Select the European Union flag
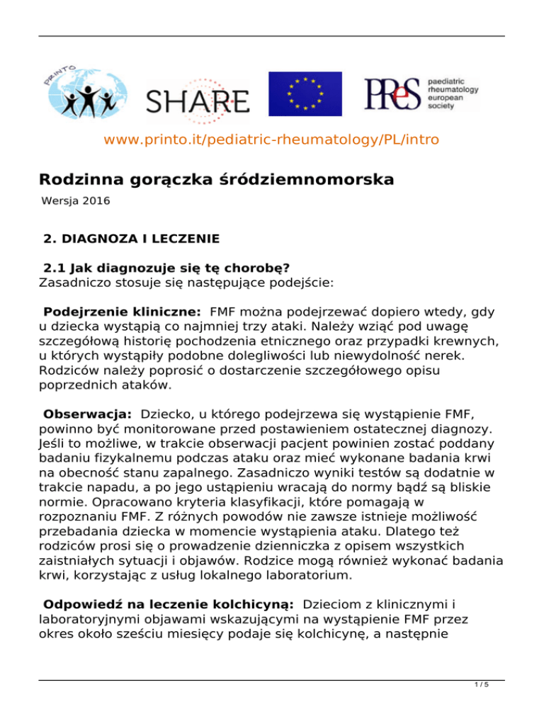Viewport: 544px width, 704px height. point(305,94)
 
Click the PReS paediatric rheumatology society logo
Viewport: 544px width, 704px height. point(421,93)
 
